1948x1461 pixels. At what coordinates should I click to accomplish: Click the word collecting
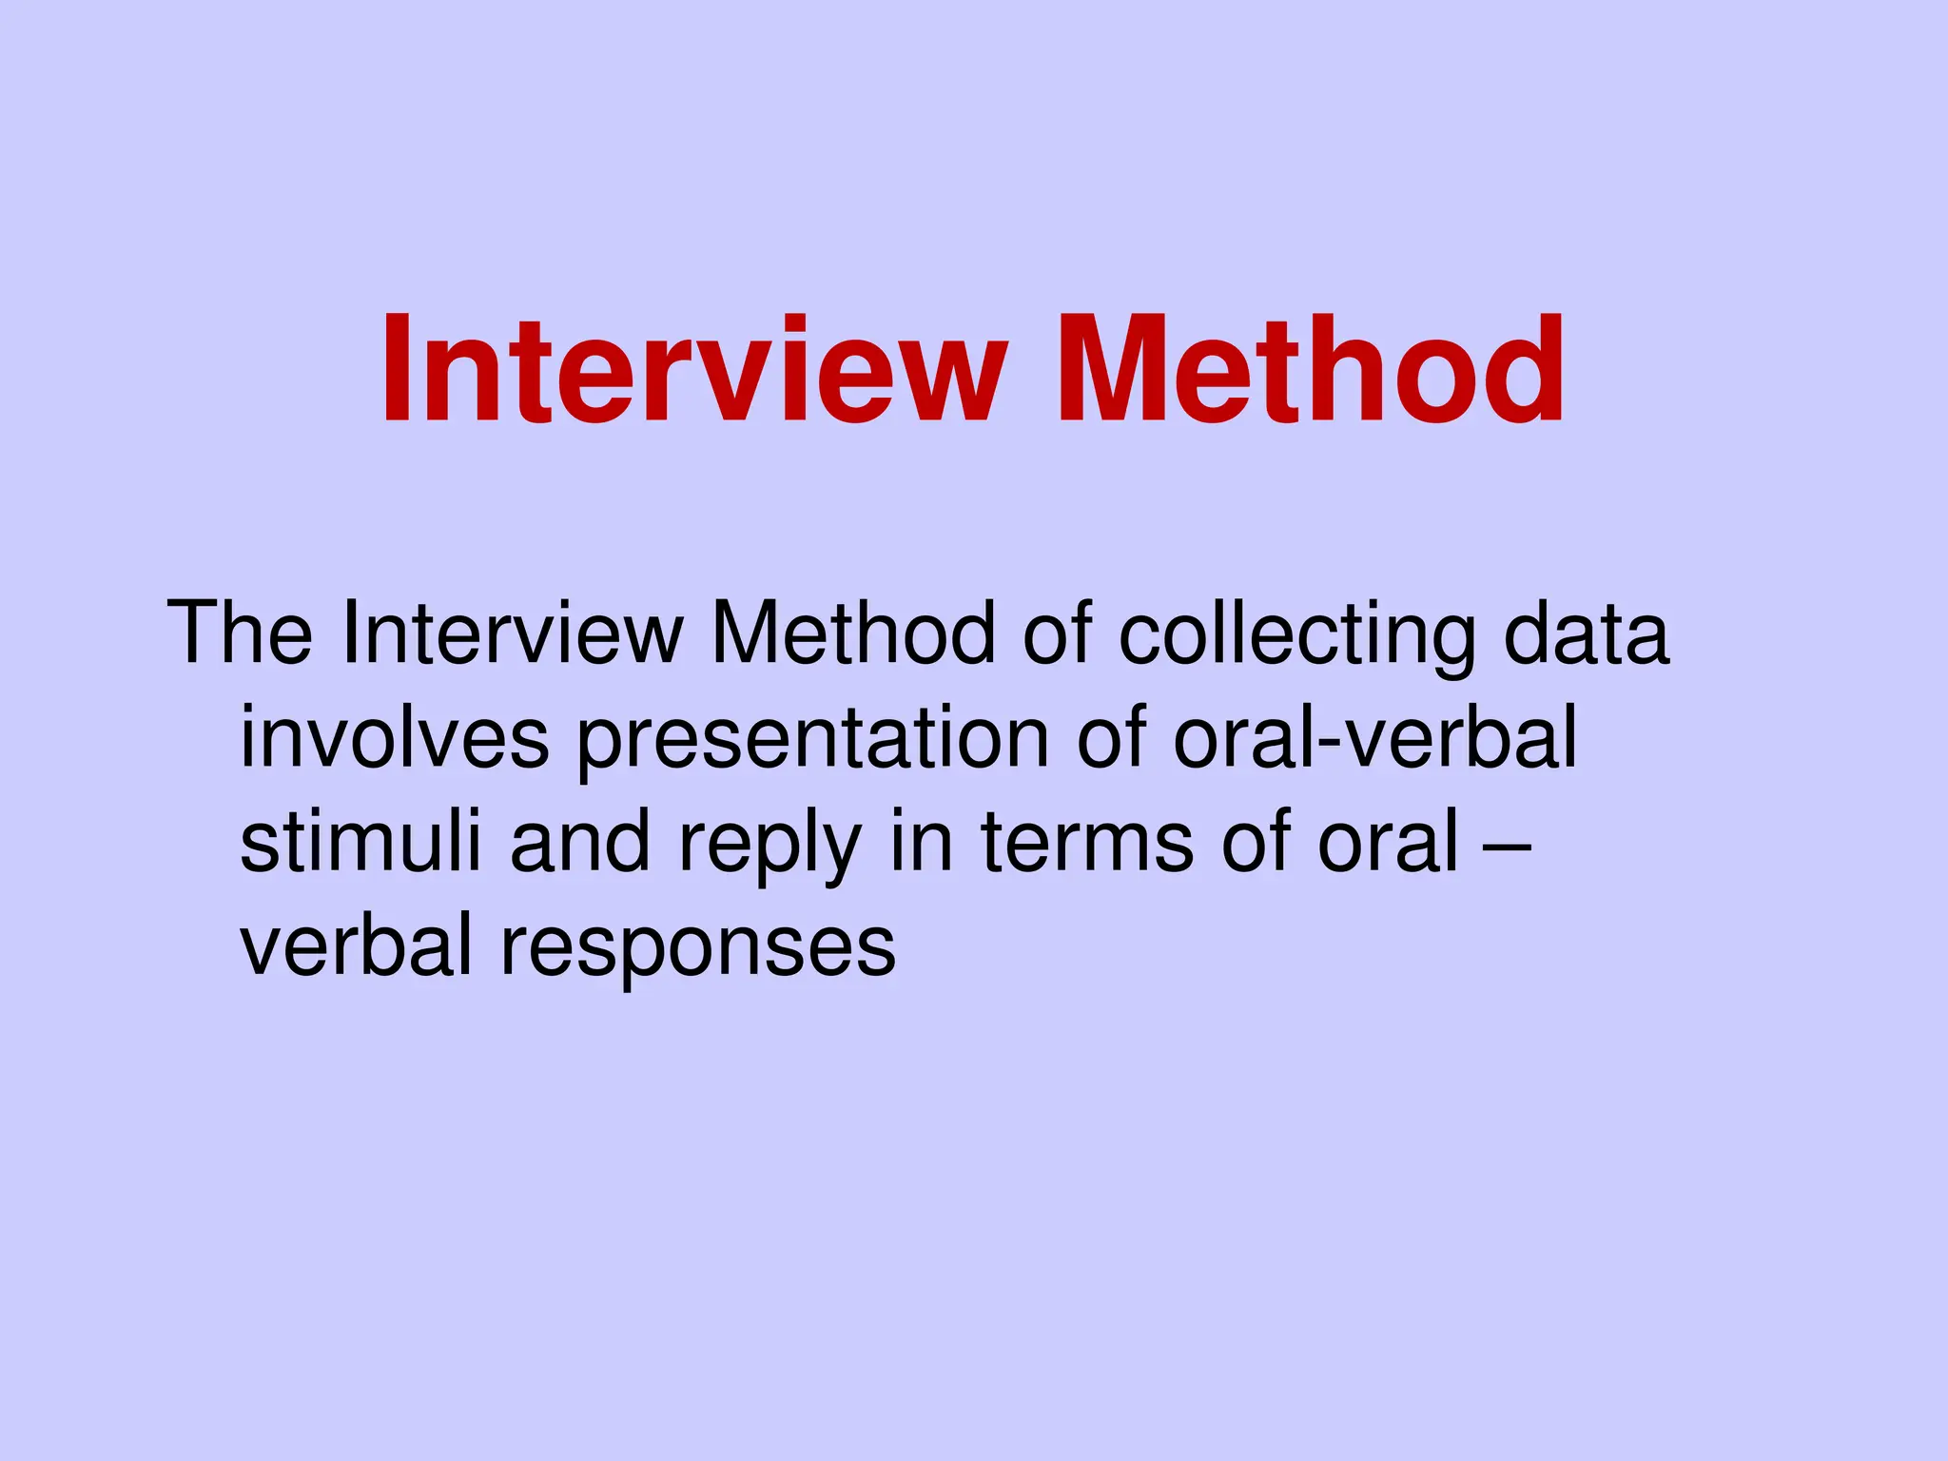1296,635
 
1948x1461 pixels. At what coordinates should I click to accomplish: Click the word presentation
812,740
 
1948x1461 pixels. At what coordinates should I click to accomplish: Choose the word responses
698,950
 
